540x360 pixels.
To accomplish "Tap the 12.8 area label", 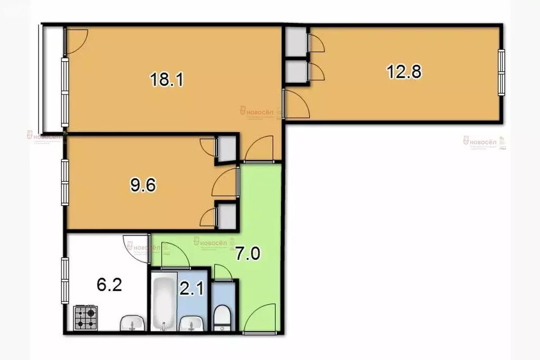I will (x=404, y=71).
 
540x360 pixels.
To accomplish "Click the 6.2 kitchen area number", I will (x=109, y=286).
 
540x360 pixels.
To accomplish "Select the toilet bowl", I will (x=222, y=316).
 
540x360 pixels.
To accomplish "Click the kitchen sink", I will (x=132, y=322).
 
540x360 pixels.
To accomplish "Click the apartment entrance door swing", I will (x=260, y=319).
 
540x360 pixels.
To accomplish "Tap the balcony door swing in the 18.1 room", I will (x=75, y=40).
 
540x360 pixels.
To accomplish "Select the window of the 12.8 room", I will (x=501, y=72).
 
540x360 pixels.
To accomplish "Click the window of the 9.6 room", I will (x=64, y=182).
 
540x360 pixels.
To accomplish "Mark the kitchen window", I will (x=64, y=280).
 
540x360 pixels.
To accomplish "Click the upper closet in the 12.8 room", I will (x=296, y=41).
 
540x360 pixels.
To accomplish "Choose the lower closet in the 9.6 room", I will (x=227, y=216).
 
